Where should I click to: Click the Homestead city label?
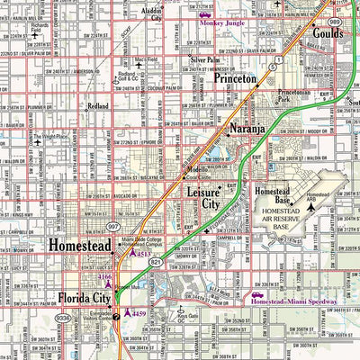click(x=80, y=245)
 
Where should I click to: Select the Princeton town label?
click(x=236, y=79)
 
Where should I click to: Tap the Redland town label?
click(x=97, y=106)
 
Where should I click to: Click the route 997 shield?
click(x=112, y=228)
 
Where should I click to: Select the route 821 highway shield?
click(x=157, y=262)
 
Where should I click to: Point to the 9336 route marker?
click(x=63, y=318)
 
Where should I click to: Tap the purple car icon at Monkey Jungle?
click(x=206, y=15)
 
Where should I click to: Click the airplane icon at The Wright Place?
click(x=39, y=141)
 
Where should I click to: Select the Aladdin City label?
click(x=154, y=12)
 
